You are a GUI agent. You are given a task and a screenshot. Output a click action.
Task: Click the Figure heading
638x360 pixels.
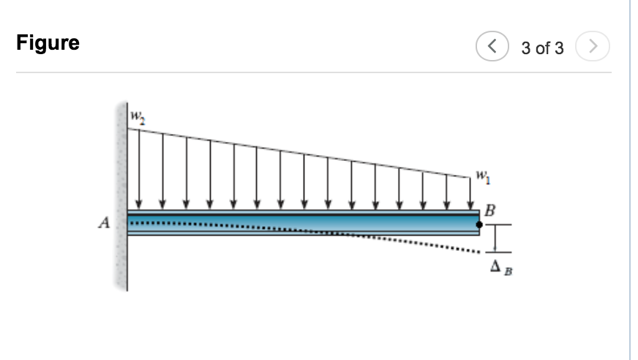point(48,43)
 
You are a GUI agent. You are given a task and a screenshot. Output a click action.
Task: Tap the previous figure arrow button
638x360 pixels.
point(490,48)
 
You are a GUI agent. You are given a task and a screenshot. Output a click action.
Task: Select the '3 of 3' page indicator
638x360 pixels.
point(542,48)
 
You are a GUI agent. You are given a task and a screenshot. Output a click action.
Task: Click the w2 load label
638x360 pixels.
point(137,116)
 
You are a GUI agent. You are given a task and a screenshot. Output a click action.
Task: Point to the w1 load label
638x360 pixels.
point(481,176)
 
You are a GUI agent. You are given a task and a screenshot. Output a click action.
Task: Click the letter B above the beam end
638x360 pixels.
point(490,211)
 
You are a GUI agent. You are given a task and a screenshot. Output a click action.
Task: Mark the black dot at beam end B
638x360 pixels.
point(479,225)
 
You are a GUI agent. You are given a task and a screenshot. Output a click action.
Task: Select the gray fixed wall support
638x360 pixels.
point(121,198)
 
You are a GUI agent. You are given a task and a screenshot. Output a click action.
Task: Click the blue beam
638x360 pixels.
point(293,221)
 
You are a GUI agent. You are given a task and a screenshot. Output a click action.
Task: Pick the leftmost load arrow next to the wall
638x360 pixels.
point(139,168)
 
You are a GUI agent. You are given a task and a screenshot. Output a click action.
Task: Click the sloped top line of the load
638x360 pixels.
point(300,152)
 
